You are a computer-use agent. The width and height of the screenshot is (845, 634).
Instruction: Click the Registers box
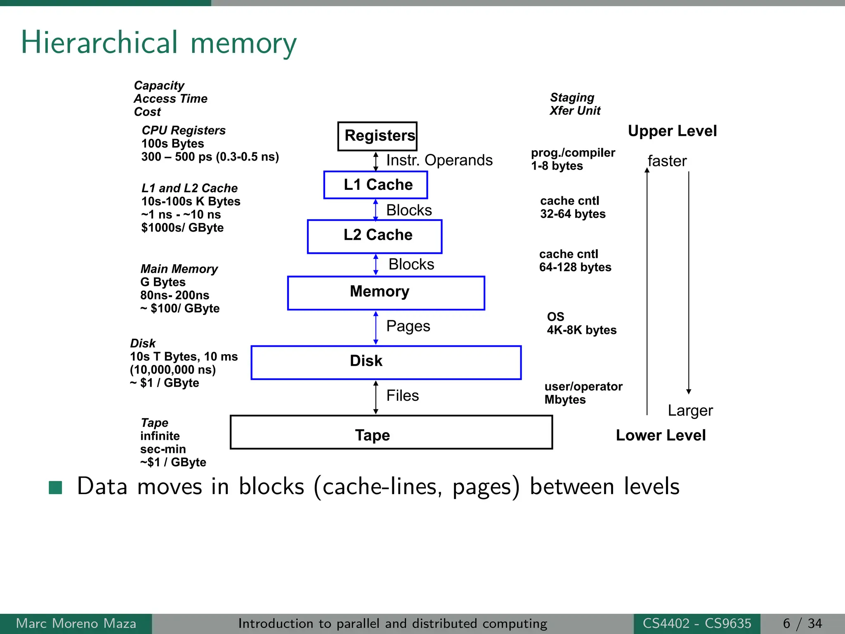(377, 136)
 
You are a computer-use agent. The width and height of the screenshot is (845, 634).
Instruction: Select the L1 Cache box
(375, 185)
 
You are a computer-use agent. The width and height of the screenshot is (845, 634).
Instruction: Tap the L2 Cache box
(375, 236)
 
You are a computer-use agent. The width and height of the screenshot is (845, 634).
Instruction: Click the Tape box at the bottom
(391, 432)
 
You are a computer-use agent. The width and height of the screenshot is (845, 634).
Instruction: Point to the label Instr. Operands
(439, 160)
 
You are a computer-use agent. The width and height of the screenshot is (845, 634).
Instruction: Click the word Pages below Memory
(408, 326)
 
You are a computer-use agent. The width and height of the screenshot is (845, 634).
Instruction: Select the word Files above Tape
(402, 395)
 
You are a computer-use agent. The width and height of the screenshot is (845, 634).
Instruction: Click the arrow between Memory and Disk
(375, 328)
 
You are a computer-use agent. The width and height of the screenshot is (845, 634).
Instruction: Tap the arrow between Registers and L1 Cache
(375, 161)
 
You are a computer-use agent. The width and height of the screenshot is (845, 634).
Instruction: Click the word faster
(667, 161)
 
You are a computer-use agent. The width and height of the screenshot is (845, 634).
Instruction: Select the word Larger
(690, 411)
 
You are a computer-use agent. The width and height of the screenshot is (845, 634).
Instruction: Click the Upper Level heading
(672, 131)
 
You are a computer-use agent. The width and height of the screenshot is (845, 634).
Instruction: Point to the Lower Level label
(661, 435)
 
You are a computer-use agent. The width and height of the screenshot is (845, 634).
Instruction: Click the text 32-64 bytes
(573, 214)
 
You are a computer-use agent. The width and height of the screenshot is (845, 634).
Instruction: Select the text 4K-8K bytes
(581, 330)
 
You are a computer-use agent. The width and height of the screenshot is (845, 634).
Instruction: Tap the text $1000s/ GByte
(182, 228)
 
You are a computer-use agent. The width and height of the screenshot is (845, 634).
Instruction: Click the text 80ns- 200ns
(175, 295)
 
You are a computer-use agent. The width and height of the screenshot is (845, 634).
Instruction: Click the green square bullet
(55, 487)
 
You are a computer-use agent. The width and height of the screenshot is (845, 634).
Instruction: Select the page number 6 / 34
(802, 623)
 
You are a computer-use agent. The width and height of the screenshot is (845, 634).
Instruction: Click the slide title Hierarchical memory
(158, 43)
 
